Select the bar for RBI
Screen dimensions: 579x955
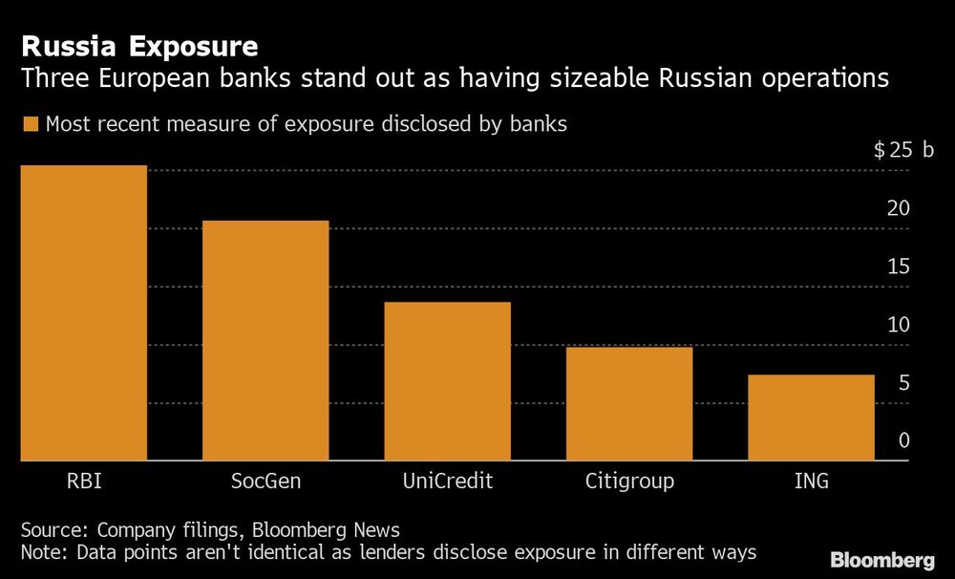pyautogui.click(x=84, y=313)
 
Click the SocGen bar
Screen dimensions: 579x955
pyautogui.click(x=265, y=341)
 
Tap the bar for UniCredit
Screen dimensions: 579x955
pyautogui.click(x=447, y=381)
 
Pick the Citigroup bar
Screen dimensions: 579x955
pyautogui.click(x=629, y=404)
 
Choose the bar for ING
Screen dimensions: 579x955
pyautogui.click(x=811, y=418)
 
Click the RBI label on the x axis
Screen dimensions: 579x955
pyautogui.click(x=84, y=481)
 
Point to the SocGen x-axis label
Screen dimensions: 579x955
pyautogui.click(x=265, y=481)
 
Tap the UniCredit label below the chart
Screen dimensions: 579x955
pyautogui.click(x=447, y=481)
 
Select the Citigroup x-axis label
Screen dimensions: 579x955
pyautogui.click(x=629, y=481)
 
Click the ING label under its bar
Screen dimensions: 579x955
pyautogui.click(x=811, y=481)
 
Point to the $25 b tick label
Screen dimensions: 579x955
pyautogui.click(x=903, y=151)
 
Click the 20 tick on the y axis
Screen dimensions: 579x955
pyautogui.click(x=899, y=208)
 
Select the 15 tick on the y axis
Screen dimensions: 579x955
pyautogui.click(x=899, y=267)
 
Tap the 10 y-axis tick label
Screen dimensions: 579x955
pyautogui.click(x=899, y=325)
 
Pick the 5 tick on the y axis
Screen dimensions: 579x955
pyautogui.click(x=904, y=383)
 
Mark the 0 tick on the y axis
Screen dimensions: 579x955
pyautogui.click(x=904, y=441)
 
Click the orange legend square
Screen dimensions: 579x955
pyautogui.click(x=29, y=124)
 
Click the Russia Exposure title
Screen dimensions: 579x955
pyautogui.click(x=139, y=46)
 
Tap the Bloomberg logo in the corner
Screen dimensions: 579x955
pyautogui.click(x=882, y=560)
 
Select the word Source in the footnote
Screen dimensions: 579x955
pyautogui.click(x=53, y=530)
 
